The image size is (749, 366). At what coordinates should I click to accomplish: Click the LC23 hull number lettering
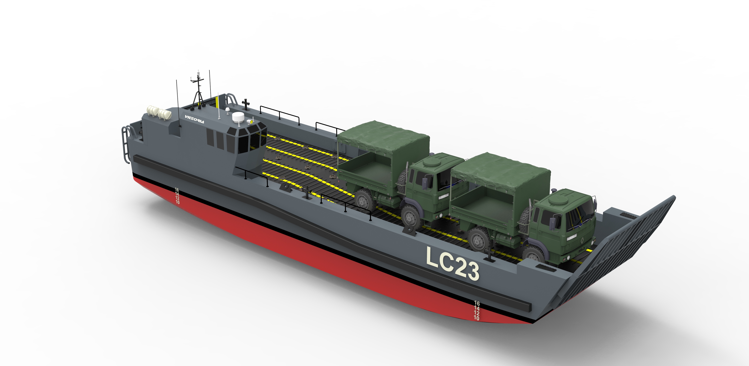tap(452, 263)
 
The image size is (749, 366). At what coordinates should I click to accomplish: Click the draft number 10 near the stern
tap(178, 202)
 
